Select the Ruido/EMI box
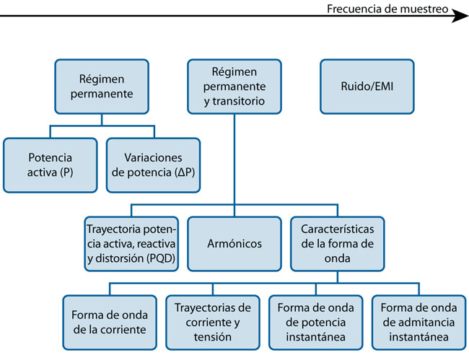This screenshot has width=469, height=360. coord(367,87)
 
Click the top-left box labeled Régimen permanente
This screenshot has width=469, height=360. coord(102,87)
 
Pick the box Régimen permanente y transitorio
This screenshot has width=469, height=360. coord(234,87)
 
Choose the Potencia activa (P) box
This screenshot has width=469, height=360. coord(50,165)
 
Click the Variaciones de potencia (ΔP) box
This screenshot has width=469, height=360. coord(153,165)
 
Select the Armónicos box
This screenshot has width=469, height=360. coord(234,244)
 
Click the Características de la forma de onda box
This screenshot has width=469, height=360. coord(338,244)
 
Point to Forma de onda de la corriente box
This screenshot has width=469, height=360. coord(109,322)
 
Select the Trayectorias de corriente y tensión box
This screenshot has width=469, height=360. coord(213,322)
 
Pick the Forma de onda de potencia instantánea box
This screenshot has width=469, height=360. coord(316,322)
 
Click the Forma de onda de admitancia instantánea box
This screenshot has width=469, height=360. coord(419,322)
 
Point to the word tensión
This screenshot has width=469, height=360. coord(213,337)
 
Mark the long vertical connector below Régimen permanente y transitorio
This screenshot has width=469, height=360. coord(234,166)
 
